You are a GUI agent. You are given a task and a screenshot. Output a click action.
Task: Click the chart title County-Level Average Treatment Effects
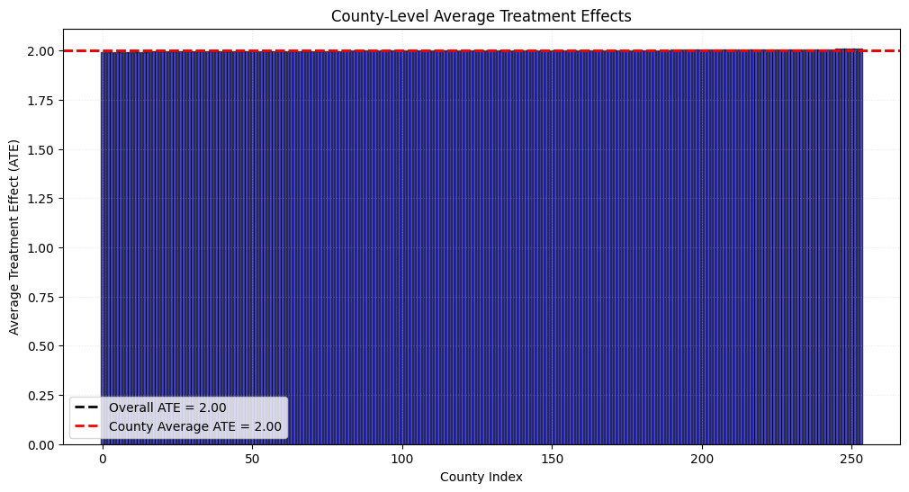[x=481, y=15]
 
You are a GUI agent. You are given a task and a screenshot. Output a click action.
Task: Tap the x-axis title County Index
[x=481, y=477]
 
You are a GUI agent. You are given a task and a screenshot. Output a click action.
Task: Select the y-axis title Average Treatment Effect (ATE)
[x=13, y=237]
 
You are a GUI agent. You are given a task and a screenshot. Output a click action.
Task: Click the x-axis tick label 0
[x=103, y=460]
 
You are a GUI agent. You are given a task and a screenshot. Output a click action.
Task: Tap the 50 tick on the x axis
[x=252, y=460]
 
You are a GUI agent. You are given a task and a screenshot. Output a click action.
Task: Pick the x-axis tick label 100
[x=401, y=460]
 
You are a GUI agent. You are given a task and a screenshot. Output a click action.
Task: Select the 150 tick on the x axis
[x=552, y=460]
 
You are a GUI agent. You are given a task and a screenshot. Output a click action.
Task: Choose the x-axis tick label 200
[x=702, y=460]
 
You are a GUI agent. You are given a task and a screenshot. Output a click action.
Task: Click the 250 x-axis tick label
[x=851, y=460]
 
